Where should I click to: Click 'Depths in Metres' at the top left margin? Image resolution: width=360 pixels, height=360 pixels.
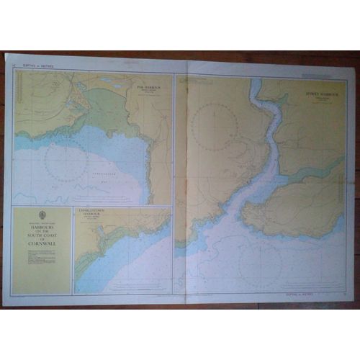[x=33, y=66]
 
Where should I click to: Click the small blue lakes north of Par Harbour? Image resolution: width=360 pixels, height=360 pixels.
[x=108, y=80]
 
